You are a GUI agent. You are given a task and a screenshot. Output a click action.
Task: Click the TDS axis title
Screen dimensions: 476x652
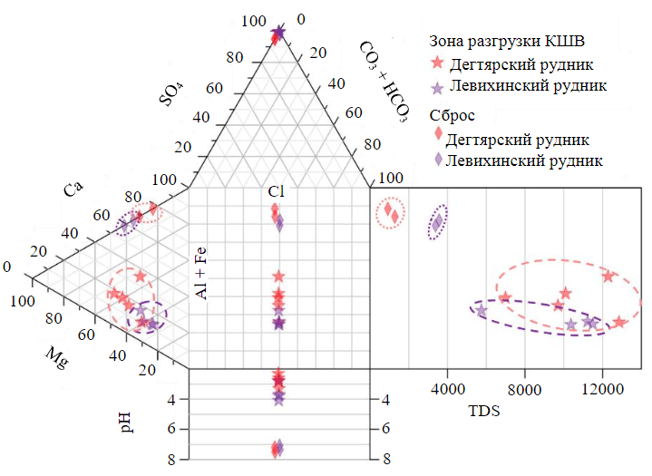click(x=485, y=410)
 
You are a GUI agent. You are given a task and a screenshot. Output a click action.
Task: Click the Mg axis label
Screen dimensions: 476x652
click(x=55, y=356)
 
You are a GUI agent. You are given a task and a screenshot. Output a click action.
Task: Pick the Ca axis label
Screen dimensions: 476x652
click(x=73, y=191)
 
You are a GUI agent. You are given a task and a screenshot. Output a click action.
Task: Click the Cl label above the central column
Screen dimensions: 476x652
click(x=277, y=191)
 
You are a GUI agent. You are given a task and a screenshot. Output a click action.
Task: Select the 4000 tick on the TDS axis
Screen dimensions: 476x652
click(x=447, y=390)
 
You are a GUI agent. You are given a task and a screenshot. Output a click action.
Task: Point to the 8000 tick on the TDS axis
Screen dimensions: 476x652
click(x=525, y=390)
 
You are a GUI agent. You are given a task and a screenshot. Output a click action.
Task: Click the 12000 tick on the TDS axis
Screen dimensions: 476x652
click(x=603, y=390)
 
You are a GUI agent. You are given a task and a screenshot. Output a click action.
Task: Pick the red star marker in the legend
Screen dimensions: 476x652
click(x=438, y=63)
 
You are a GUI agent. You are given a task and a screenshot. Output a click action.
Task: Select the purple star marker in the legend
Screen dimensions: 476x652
click(x=437, y=87)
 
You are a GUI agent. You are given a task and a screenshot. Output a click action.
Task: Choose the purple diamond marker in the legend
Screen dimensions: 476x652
click(x=438, y=159)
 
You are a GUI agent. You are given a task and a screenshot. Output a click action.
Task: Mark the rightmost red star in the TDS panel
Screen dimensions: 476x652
click(x=618, y=322)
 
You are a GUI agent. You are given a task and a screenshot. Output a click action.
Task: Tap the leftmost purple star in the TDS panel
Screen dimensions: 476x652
click(x=481, y=311)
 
